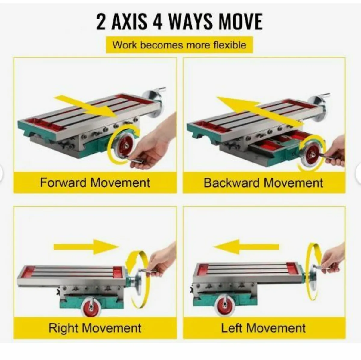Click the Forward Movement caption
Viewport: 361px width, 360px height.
(95, 182)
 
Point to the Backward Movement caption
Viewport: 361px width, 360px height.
(264, 183)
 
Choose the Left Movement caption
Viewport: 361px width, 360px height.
(263, 328)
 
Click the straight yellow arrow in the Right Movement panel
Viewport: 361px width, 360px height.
(86, 247)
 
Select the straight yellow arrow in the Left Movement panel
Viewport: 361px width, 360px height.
(246, 247)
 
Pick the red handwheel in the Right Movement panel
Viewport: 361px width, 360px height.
(91, 307)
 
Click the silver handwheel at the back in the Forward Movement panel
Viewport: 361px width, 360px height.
(153, 103)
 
